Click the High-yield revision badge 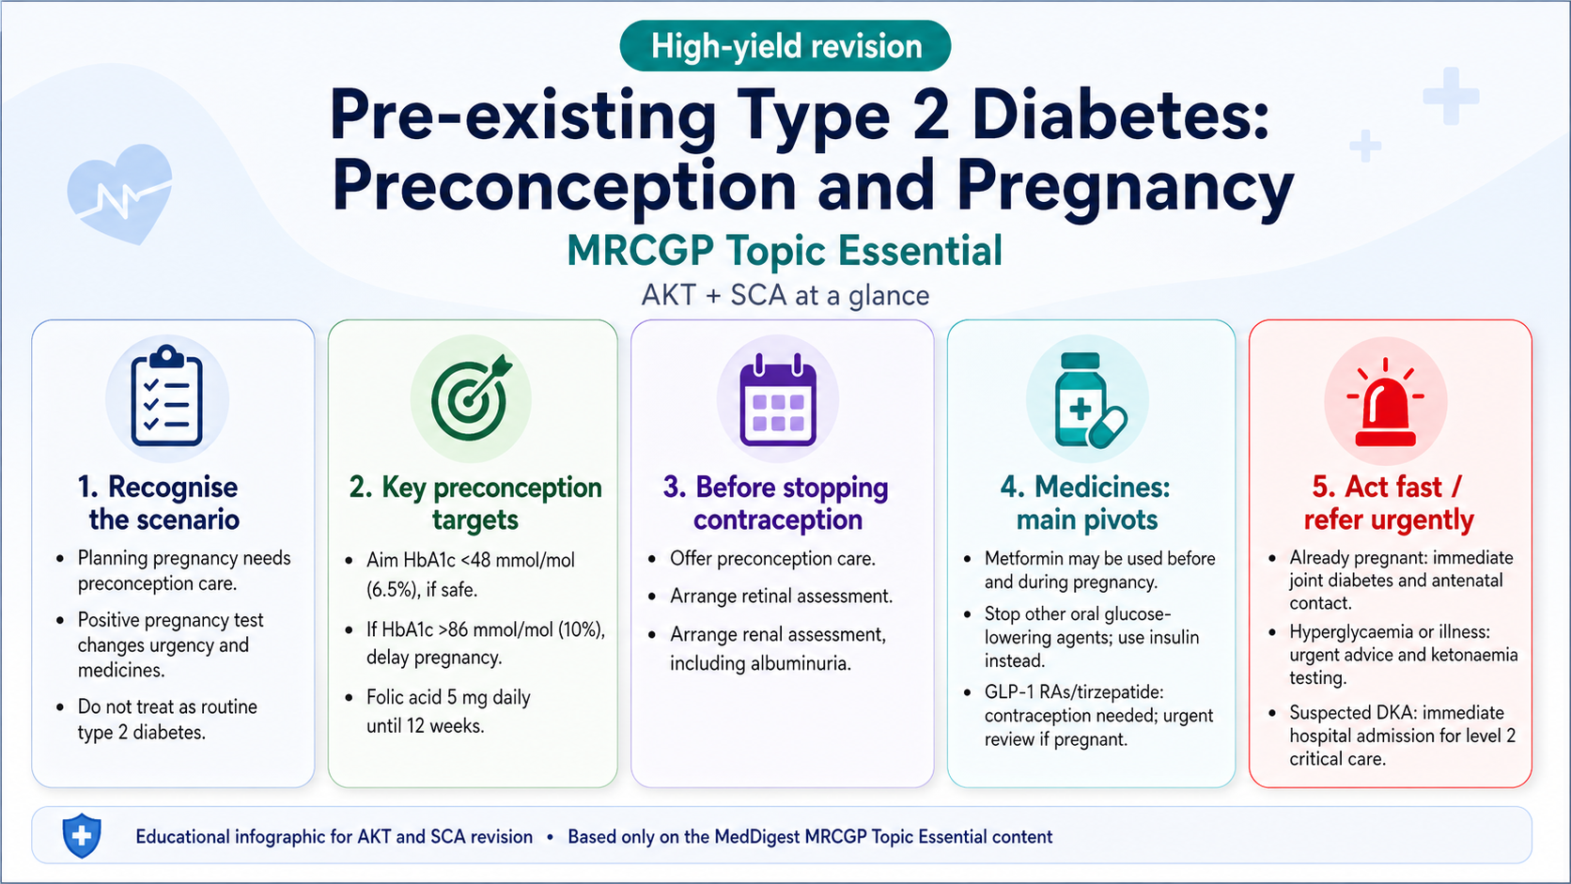[785, 46]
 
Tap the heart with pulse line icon [120, 194]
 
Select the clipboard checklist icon [167, 396]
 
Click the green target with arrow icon [472, 398]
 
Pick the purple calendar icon [778, 400]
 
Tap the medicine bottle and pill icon [1088, 400]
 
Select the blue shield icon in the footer [82, 835]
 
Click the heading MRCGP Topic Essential [785, 251]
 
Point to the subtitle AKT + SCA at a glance [785, 295]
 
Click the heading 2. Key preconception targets [474, 503]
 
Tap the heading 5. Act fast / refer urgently [1388, 503]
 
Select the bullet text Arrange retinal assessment [781, 596]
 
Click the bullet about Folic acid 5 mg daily [448, 710]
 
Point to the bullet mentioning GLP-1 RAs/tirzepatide [1097, 715]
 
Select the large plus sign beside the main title [1451, 96]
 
